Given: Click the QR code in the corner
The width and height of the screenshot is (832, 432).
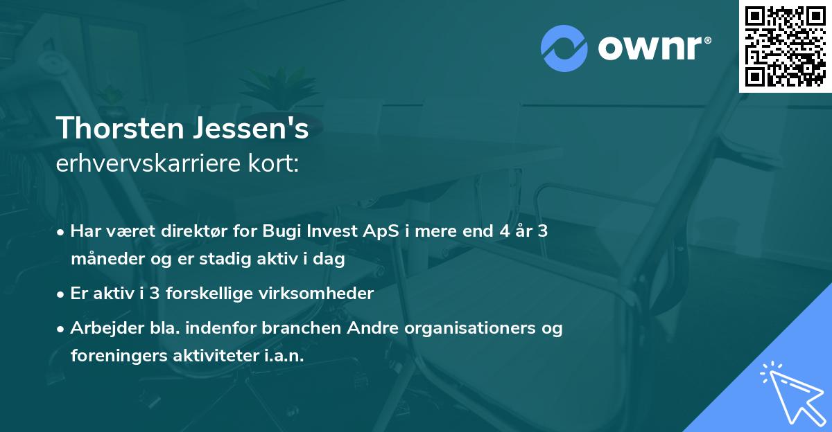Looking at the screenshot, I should pyautogui.click(x=786, y=46).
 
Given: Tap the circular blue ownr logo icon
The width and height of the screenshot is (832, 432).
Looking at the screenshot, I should pyautogui.click(x=564, y=48).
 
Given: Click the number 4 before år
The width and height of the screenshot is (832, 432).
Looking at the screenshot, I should pyautogui.click(x=495, y=231).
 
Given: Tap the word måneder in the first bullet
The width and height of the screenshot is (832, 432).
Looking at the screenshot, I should pyautogui.click(x=101, y=260).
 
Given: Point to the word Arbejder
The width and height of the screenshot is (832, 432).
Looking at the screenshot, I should pyautogui.click(x=103, y=327).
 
